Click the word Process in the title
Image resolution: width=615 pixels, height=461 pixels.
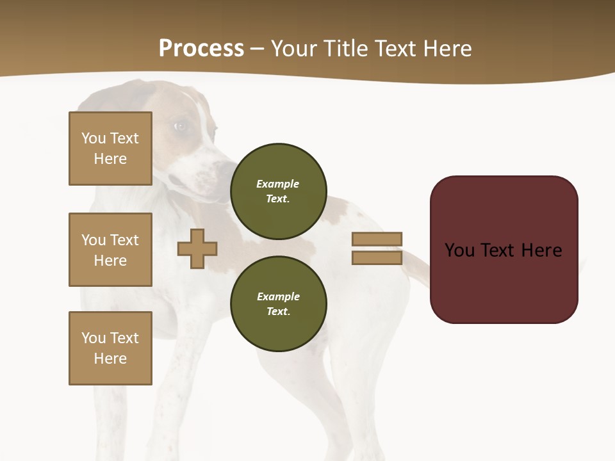click(x=201, y=49)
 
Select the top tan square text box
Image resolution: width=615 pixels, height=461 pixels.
click(x=110, y=149)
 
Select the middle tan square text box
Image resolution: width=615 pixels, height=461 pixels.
click(x=110, y=250)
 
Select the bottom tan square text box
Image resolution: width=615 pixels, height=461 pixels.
click(x=110, y=348)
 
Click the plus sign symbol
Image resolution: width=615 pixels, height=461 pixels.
click(x=197, y=248)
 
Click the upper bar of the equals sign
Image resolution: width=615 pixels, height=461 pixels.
click(x=377, y=239)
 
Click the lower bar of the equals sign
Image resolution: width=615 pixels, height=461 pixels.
click(x=377, y=258)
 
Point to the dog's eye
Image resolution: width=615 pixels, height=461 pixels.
click(x=181, y=126)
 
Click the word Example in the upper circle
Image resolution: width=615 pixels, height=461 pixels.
click(x=278, y=184)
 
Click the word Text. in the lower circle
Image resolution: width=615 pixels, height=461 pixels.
click(x=278, y=311)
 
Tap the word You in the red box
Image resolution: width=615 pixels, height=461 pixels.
click(x=459, y=250)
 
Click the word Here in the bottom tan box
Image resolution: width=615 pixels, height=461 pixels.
click(x=110, y=359)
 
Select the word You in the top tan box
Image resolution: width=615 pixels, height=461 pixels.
click(x=94, y=138)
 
